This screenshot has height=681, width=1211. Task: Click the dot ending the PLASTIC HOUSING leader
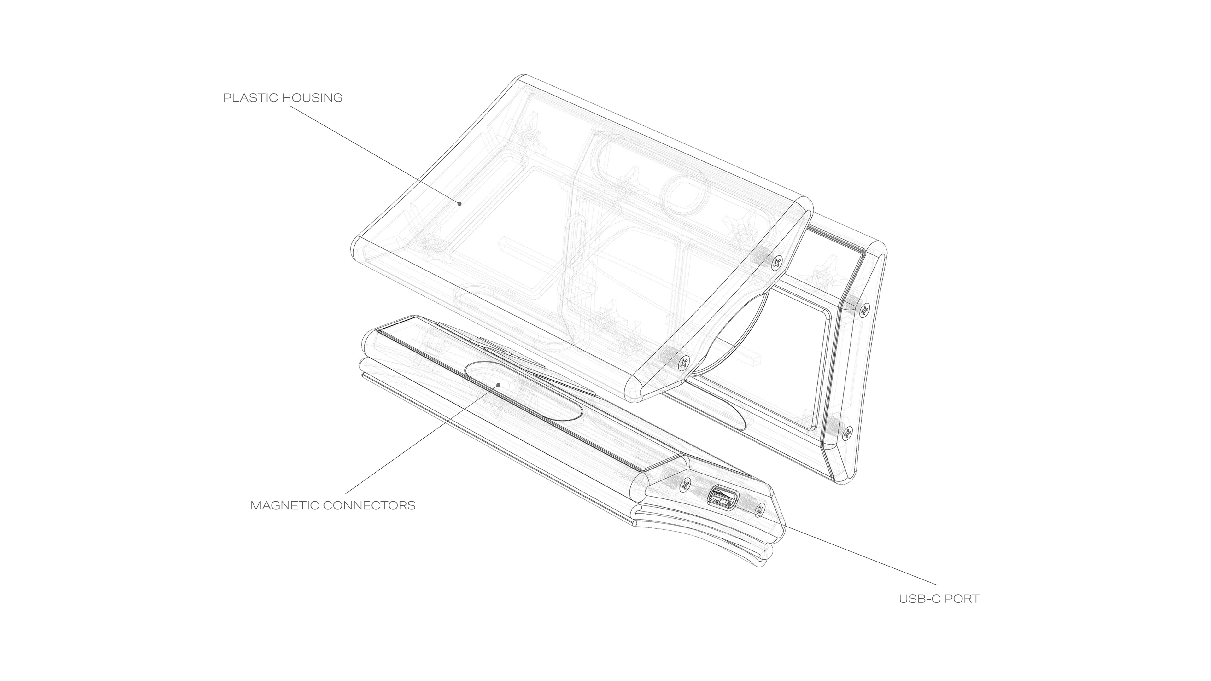point(460,203)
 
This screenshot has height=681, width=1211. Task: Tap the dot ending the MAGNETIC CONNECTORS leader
point(498,384)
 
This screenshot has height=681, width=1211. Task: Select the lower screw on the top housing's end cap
point(684,362)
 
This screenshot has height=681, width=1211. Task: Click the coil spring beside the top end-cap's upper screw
point(758,256)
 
